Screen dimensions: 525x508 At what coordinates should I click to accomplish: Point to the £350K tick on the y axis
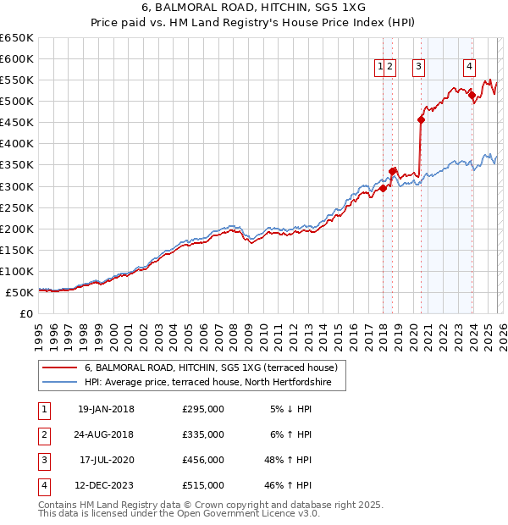click(x=18, y=165)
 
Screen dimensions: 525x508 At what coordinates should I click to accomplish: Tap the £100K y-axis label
click(x=18, y=271)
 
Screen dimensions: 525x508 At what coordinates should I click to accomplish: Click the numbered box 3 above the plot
click(x=419, y=69)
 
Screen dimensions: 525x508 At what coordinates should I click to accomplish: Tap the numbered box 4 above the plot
click(x=469, y=69)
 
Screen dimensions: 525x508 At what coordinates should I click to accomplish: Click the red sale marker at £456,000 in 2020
click(x=421, y=119)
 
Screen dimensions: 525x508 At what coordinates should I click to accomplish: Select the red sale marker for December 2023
click(x=472, y=95)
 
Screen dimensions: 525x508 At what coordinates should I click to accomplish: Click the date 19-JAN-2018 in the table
click(x=106, y=409)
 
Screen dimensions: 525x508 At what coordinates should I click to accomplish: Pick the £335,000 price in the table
click(x=203, y=434)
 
